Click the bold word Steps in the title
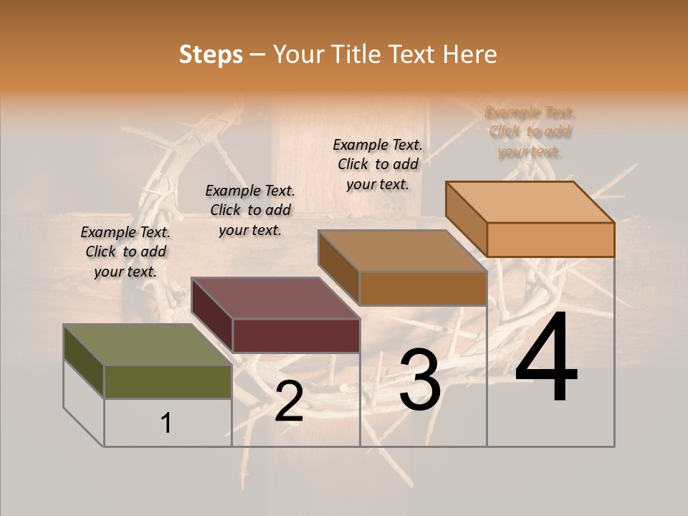point(211,54)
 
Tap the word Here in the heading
point(469,54)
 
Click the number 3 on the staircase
point(419,381)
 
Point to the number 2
point(289,401)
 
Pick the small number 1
point(166,423)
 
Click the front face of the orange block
point(550,239)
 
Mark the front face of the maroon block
point(296,335)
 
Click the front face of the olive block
point(168,381)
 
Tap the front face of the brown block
point(423,288)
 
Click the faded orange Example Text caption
point(530,132)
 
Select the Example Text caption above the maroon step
point(250,210)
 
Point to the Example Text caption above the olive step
point(125,252)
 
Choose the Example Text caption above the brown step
point(378,164)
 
